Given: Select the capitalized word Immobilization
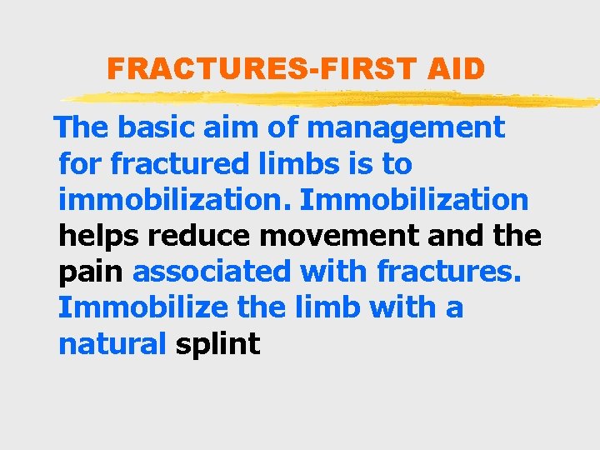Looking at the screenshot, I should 413,200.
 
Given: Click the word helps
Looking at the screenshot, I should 99,236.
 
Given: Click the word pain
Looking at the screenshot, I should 92,272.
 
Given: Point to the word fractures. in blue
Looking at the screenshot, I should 448,272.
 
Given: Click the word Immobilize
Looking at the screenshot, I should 142,307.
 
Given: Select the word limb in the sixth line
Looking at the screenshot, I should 325,307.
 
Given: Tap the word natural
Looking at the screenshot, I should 112,343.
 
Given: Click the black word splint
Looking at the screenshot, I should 218,344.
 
